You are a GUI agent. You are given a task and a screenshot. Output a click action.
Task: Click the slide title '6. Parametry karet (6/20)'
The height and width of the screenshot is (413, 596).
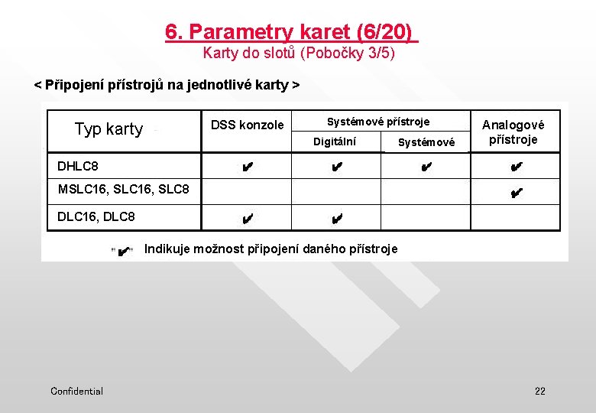pos(291,32)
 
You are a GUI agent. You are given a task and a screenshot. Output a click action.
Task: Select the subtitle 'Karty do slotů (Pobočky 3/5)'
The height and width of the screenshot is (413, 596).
pos(299,54)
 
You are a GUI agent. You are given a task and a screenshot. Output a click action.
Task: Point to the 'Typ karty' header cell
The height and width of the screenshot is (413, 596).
pos(109,129)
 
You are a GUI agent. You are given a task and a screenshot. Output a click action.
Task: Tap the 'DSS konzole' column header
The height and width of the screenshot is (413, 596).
pos(247,125)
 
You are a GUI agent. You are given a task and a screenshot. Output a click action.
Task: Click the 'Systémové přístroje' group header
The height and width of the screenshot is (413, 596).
pos(378,122)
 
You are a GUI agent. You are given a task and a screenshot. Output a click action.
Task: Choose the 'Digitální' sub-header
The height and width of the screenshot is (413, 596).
pos(335,141)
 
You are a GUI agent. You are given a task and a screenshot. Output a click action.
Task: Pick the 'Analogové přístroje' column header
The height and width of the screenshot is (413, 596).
pos(513,132)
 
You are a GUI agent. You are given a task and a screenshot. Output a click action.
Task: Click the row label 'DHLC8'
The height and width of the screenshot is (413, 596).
pos(78,166)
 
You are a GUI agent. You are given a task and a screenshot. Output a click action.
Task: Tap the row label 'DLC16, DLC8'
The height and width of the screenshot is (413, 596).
pos(96,216)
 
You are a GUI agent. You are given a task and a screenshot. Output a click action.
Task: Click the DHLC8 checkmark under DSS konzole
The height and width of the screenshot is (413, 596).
pos(246,167)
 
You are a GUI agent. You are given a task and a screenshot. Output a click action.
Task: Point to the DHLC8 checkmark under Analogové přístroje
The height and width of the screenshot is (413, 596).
pos(516,167)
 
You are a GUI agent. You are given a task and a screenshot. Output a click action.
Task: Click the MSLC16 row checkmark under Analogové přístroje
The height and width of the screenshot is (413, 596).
pos(516,193)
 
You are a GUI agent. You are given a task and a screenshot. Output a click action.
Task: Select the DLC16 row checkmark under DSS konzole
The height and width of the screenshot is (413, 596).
pos(246,220)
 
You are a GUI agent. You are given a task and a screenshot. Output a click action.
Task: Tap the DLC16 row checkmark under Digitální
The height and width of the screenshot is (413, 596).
pos(336,220)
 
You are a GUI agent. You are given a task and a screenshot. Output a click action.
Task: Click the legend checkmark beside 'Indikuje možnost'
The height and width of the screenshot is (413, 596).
pos(124,250)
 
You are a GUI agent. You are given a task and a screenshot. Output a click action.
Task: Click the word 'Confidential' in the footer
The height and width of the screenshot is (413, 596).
pos(76,391)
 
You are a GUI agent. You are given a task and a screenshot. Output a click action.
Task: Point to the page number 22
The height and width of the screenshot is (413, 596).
pos(540,391)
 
